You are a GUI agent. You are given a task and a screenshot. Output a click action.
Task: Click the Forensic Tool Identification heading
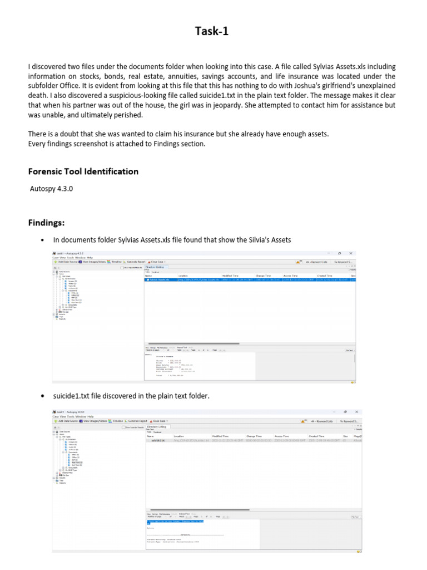83,171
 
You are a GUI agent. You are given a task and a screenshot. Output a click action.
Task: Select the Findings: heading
47,223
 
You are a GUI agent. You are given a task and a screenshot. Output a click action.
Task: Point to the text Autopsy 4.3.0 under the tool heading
52,189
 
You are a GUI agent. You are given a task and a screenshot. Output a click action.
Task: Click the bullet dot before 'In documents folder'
43,240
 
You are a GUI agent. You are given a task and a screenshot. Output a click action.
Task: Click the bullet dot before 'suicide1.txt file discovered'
43,396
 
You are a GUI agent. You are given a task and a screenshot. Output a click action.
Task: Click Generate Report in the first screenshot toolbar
137,262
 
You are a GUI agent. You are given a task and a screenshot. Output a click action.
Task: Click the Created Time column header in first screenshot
324,276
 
